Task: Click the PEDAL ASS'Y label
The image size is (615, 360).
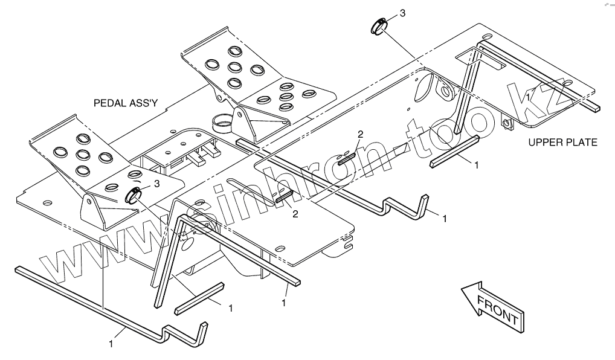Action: click(x=125, y=103)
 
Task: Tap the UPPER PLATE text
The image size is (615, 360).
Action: click(x=562, y=143)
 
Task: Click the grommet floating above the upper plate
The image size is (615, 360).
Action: click(x=378, y=26)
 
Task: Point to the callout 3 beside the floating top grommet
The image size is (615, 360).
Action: click(x=402, y=13)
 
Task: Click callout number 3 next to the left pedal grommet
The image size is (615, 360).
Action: click(x=156, y=182)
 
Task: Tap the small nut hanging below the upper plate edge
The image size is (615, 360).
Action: click(x=506, y=124)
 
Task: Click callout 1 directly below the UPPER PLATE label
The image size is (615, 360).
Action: click(x=477, y=164)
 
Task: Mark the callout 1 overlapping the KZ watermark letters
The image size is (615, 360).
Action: click(x=529, y=96)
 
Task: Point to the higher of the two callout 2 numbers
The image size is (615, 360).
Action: click(x=360, y=133)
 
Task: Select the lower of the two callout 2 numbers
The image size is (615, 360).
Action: click(x=295, y=213)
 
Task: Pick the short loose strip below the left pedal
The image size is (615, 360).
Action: click(x=199, y=298)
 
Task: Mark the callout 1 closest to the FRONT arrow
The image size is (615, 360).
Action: click(x=445, y=219)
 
